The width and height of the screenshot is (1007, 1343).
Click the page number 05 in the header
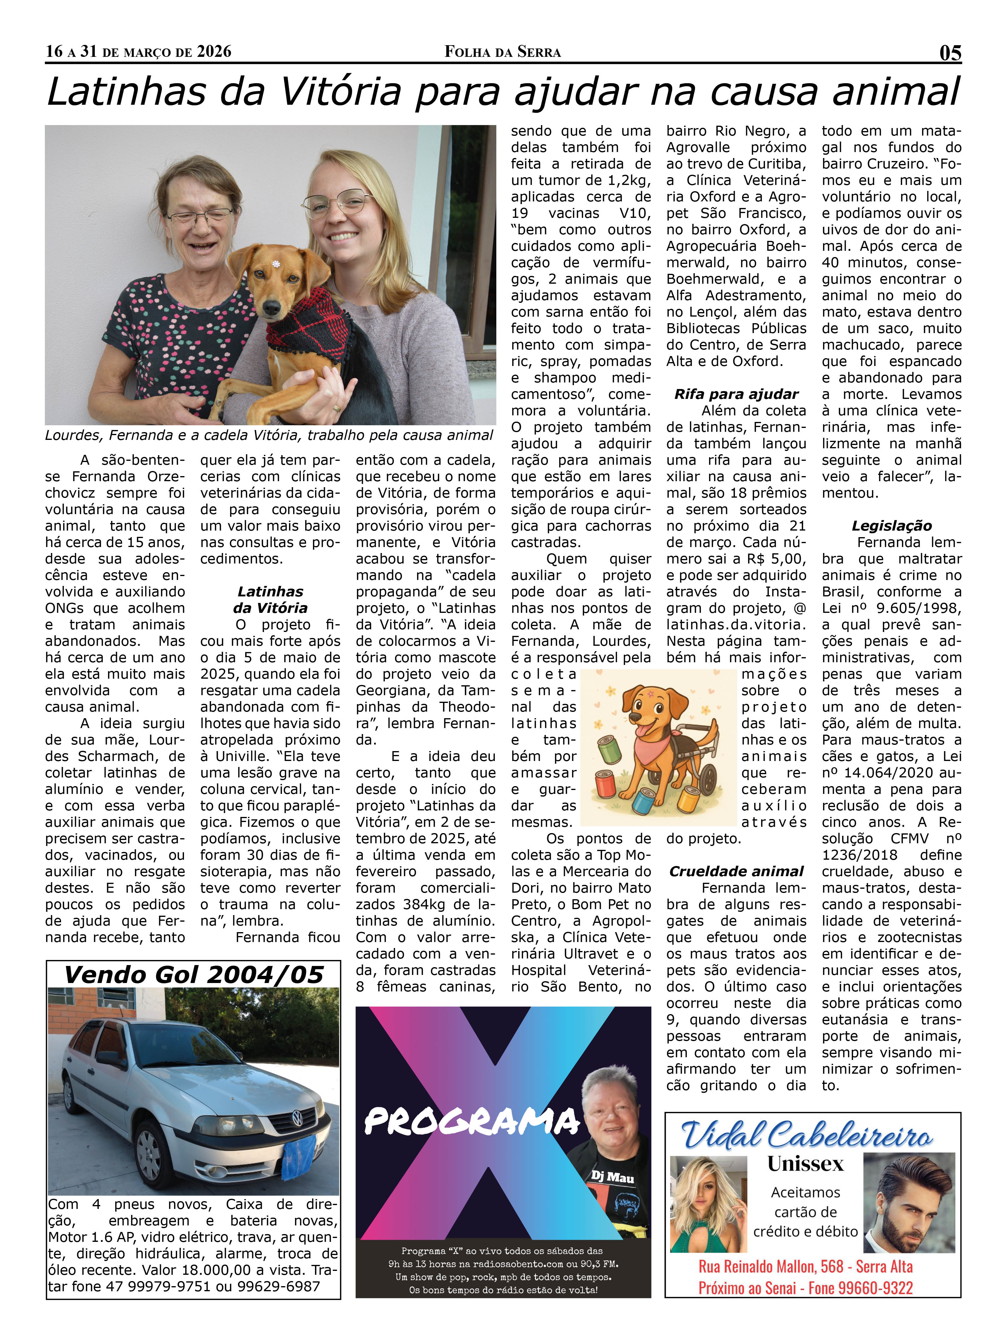point(950,53)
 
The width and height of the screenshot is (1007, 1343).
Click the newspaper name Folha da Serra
point(503,52)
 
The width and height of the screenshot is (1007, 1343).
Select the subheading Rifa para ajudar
point(736,394)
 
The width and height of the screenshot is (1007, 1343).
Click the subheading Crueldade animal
point(736,871)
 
